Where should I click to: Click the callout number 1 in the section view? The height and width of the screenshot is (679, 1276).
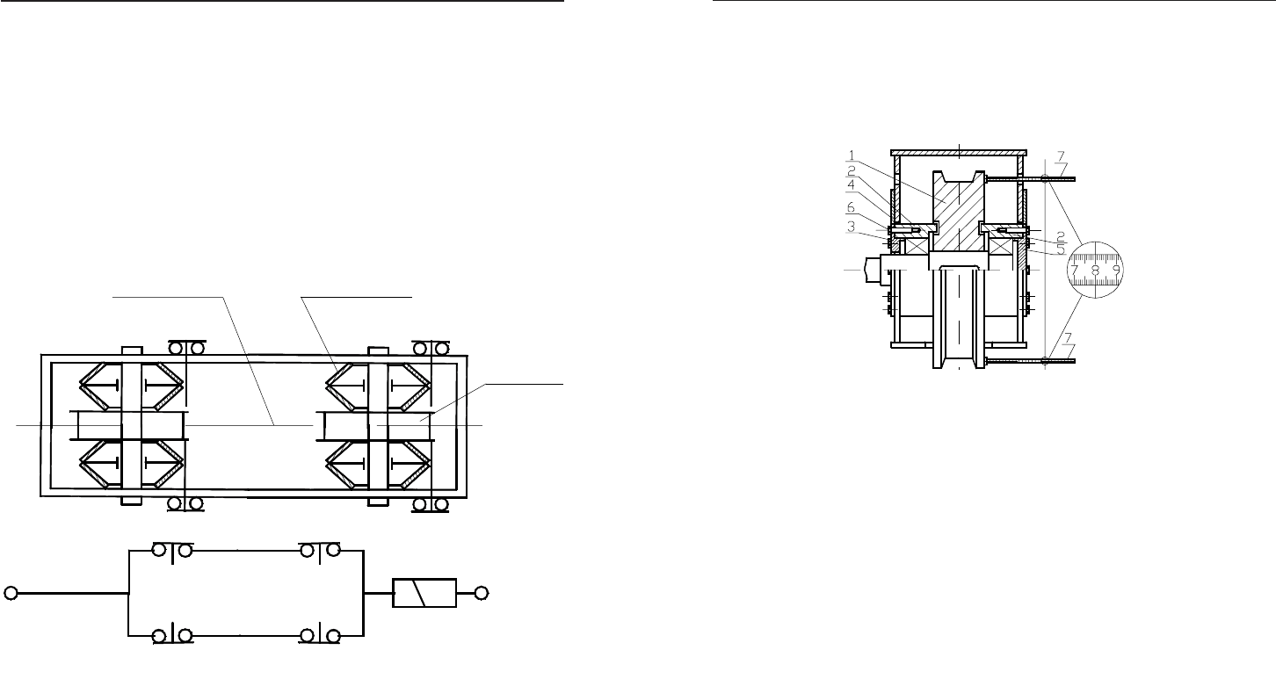coord(852,155)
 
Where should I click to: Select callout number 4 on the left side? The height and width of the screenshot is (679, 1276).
coord(851,185)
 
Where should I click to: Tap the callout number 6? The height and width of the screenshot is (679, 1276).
coord(851,207)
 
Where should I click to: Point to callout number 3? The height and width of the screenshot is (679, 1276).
coord(851,226)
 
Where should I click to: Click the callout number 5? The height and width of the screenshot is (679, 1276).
coord(1061,249)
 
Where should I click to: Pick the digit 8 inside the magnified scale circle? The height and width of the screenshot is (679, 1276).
coord(1096,271)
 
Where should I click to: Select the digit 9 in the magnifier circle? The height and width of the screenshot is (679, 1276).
coord(1116,270)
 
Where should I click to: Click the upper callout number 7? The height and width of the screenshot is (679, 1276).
coord(1061,156)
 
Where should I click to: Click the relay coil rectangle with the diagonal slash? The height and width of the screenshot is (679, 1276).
coord(424,593)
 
